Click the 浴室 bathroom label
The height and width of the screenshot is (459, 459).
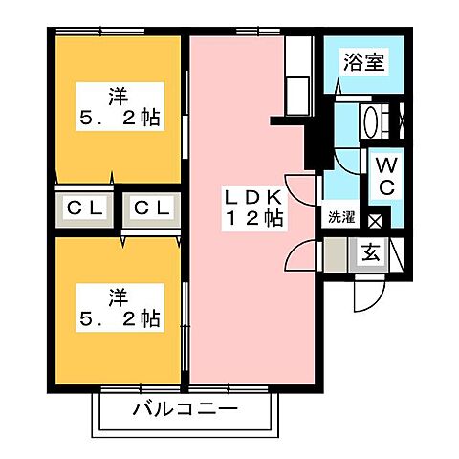[364, 63]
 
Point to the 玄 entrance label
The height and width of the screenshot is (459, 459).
[369, 253]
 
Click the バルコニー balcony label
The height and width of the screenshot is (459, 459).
[186, 411]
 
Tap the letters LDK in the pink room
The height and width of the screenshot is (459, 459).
[252, 196]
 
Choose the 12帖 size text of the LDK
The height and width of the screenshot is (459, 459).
[252, 218]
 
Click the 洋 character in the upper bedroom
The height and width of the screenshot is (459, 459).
[118, 96]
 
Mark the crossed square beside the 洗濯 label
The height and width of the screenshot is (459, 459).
[375, 221]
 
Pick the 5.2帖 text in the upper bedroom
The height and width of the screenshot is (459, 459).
[118, 120]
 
